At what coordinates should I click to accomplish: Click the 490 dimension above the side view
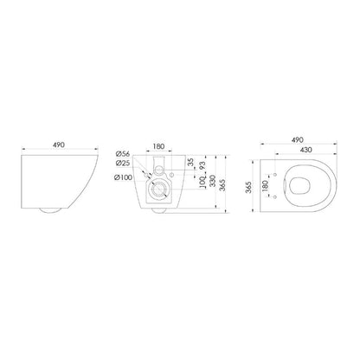coord(59,145)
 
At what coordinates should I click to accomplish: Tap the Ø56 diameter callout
coord(123,154)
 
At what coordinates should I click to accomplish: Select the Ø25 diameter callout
coord(123,164)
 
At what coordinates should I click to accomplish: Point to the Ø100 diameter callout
coord(123,177)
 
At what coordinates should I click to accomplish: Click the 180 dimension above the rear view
coord(158,146)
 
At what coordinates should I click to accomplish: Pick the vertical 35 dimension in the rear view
coord(191,162)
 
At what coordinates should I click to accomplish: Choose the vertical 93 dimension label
coord(202,165)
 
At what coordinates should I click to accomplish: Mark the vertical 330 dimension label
coord(212,181)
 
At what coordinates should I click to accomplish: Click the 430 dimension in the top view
coord(305,150)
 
